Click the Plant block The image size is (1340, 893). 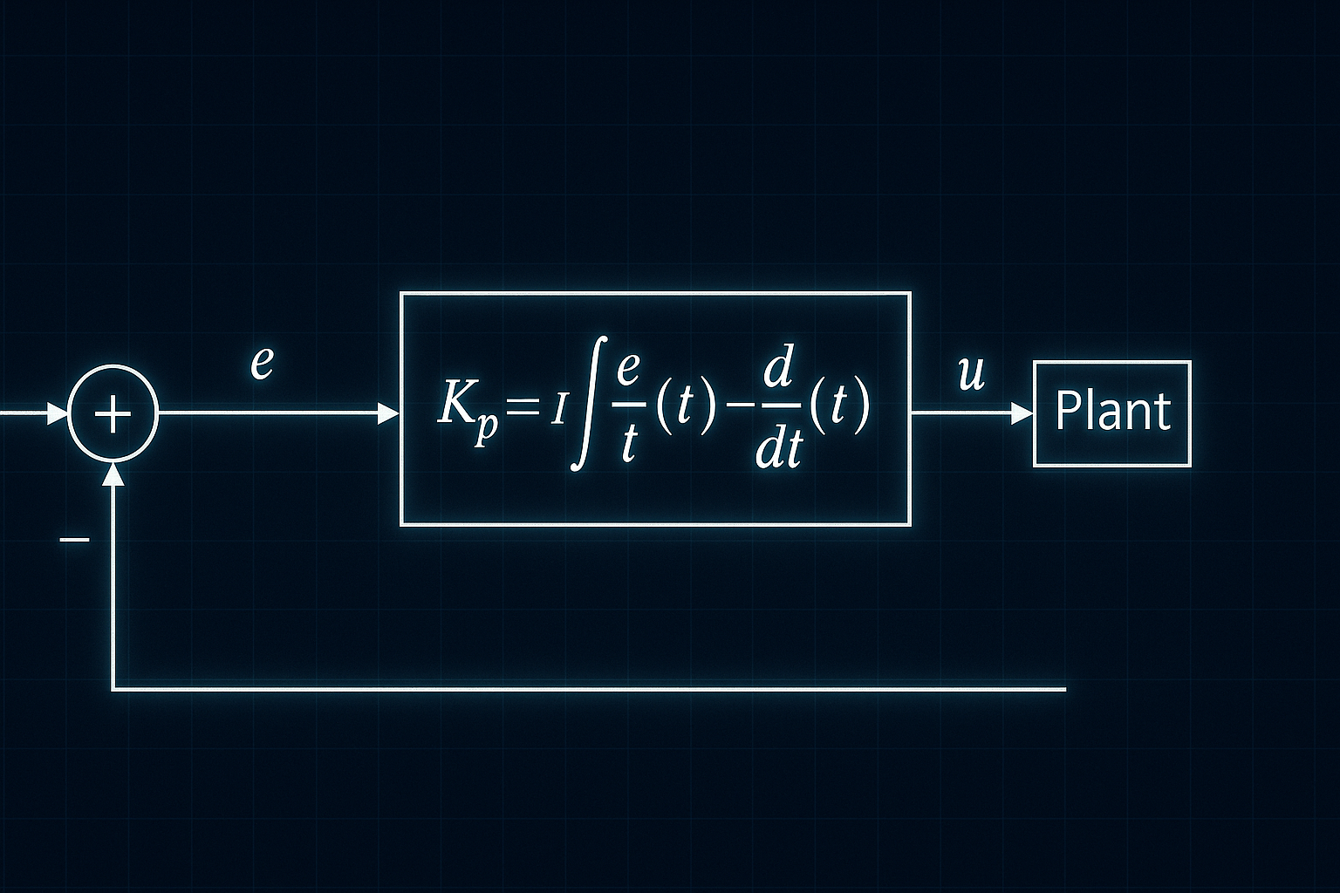[1112, 413]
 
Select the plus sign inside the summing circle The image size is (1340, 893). [113, 413]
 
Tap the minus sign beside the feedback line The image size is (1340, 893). [75, 540]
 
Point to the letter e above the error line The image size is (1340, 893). [262, 363]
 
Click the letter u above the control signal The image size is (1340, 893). [971, 375]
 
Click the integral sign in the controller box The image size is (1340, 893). [588, 405]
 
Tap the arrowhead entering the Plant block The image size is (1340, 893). [1022, 413]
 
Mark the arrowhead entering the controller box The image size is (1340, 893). [388, 413]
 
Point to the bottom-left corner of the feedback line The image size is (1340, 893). [113, 690]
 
